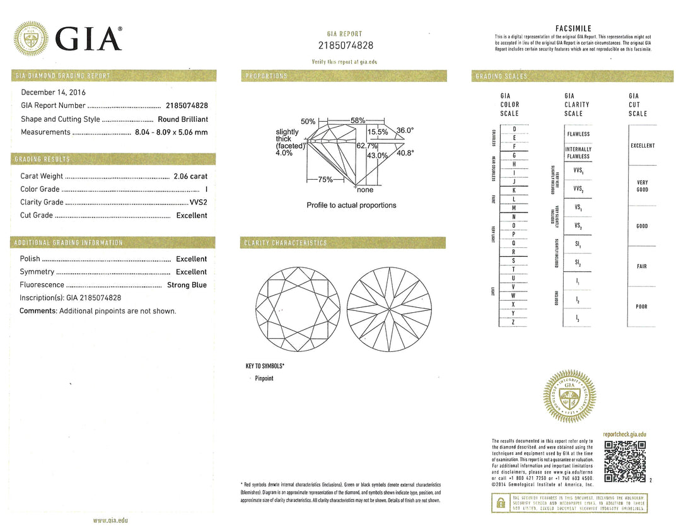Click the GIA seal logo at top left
(31, 39)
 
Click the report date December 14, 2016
(54, 92)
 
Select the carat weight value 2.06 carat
(190, 177)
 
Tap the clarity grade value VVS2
(198, 202)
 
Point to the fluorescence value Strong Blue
(187, 285)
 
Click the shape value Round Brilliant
(182, 119)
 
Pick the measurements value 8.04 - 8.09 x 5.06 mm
(171, 132)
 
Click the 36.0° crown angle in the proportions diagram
(405, 131)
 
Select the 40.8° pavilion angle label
(405, 152)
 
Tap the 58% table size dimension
(358, 120)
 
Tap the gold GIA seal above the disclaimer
(569, 396)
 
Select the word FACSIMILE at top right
(573, 28)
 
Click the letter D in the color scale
(514, 129)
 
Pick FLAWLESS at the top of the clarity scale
(578, 134)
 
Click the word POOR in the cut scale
(641, 307)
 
